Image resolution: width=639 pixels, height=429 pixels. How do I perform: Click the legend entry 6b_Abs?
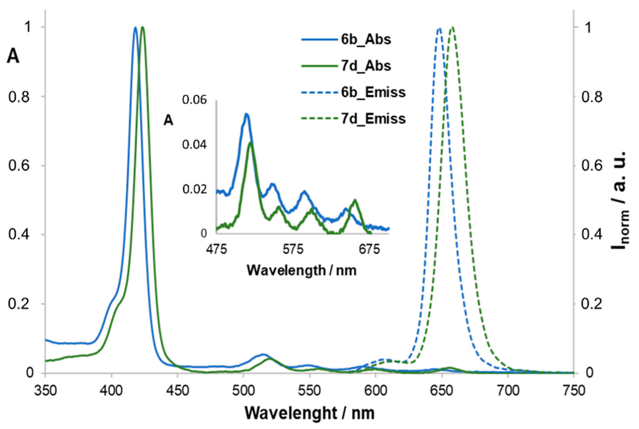[x=365, y=40]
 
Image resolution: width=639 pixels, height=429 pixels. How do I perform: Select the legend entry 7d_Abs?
[x=365, y=66]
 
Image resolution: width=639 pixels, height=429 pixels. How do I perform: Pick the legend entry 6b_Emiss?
[x=373, y=92]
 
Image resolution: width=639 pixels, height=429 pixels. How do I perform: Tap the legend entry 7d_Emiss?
[x=373, y=119]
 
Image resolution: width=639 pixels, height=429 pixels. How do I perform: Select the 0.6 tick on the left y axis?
[x=19, y=166]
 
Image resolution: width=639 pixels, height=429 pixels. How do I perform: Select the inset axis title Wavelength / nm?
[x=302, y=271]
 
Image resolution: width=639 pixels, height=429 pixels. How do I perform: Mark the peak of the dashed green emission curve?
[x=452, y=27]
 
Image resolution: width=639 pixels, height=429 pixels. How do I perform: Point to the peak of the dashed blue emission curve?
[x=440, y=28]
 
